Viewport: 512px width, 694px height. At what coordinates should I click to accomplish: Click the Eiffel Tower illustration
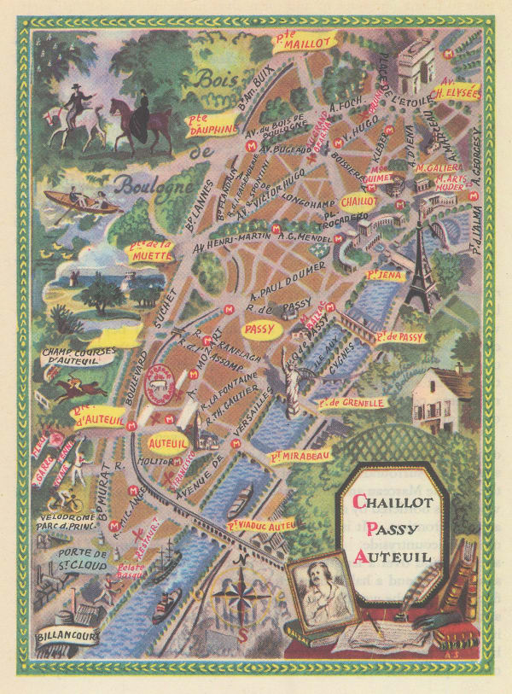coord(419,265)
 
